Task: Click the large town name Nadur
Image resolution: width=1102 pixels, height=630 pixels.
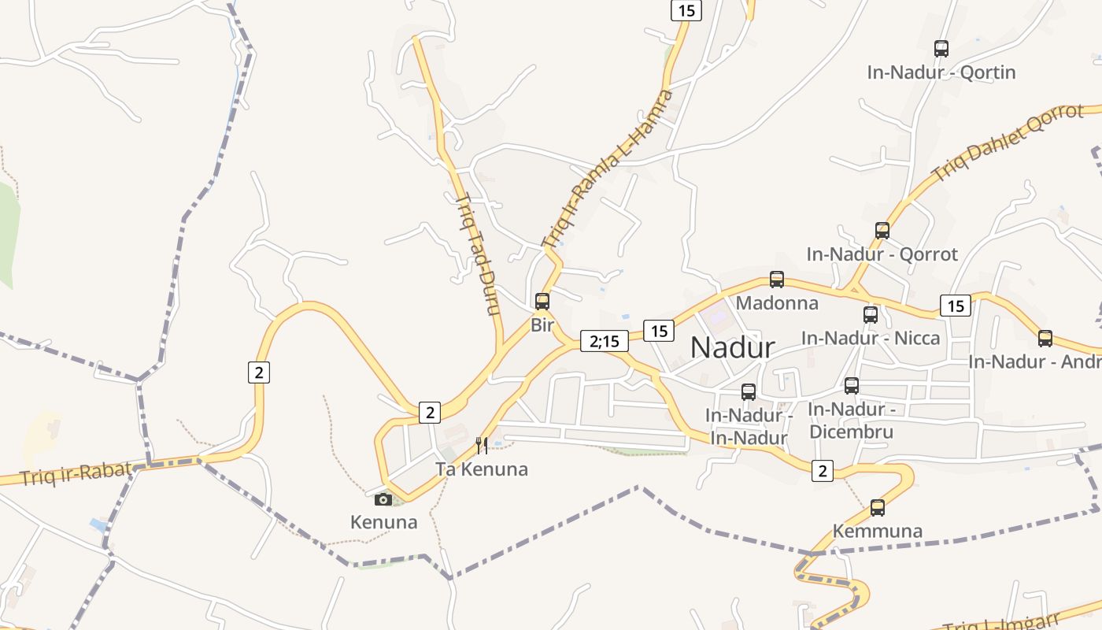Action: pyautogui.click(x=732, y=347)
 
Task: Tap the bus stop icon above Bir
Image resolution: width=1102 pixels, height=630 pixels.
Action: pyautogui.click(x=542, y=301)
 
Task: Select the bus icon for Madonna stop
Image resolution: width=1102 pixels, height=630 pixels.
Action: pyautogui.click(x=777, y=279)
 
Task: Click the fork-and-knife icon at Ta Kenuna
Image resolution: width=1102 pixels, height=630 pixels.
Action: pyautogui.click(x=482, y=446)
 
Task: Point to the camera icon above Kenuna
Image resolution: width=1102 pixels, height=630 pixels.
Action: pyautogui.click(x=383, y=498)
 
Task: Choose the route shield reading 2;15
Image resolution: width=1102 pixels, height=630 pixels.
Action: pyautogui.click(x=605, y=341)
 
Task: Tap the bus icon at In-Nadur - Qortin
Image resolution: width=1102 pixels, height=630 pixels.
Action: pyautogui.click(x=941, y=49)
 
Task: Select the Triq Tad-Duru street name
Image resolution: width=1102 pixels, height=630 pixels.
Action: pyautogui.click(x=478, y=254)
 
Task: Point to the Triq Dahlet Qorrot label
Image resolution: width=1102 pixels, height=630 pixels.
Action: pyautogui.click(x=1008, y=143)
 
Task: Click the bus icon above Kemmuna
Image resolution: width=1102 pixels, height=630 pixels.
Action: pyautogui.click(x=878, y=507)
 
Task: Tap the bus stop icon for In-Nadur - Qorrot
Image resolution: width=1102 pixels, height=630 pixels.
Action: pyautogui.click(x=882, y=231)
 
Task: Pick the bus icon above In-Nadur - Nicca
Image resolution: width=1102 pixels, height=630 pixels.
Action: pyautogui.click(x=871, y=315)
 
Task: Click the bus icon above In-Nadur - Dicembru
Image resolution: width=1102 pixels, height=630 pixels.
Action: pyautogui.click(x=852, y=386)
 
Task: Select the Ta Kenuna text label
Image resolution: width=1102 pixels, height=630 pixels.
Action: pyautogui.click(x=482, y=470)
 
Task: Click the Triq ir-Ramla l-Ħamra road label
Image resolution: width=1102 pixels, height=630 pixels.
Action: pyautogui.click(x=608, y=168)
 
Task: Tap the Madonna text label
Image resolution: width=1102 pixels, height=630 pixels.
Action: pyautogui.click(x=777, y=303)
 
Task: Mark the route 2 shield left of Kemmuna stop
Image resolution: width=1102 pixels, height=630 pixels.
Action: pyautogui.click(x=823, y=471)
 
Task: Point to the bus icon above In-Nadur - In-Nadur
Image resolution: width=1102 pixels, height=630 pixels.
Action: pyautogui.click(x=749, y=391)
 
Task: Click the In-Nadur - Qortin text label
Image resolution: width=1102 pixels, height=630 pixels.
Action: pyautogui.click(x=941, y=72)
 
